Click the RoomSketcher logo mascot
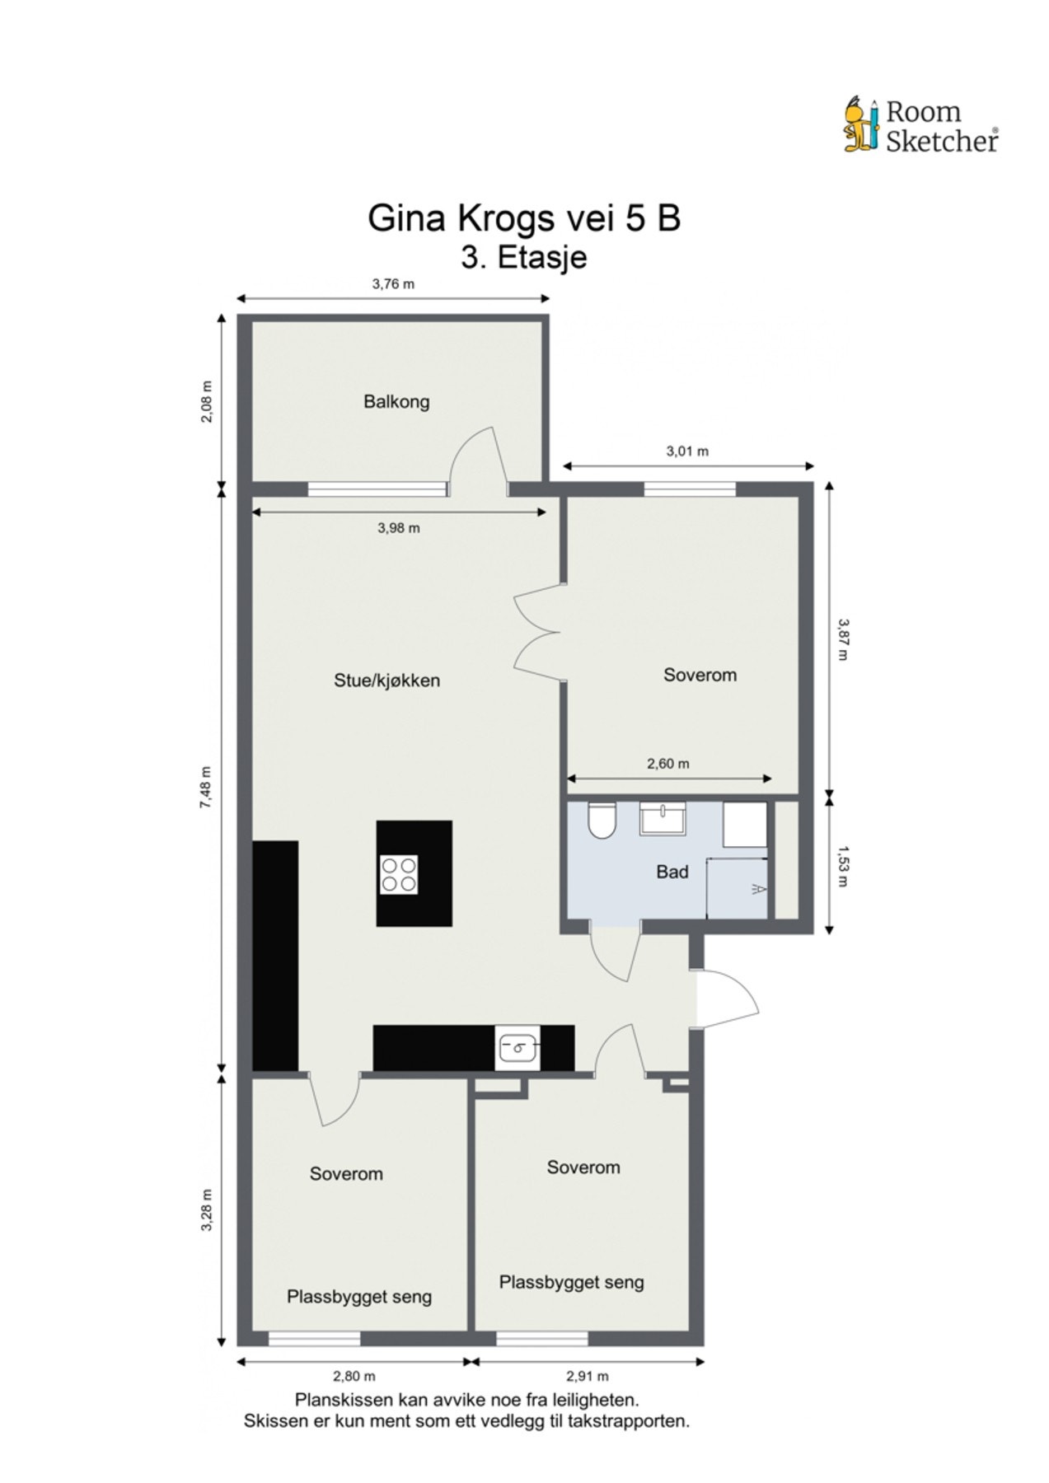tap(861, 125)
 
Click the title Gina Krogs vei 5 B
tap(523, 218)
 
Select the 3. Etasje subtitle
tap(523, 256)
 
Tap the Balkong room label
tap(396, 402)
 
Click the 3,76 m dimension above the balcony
tap(393, 284)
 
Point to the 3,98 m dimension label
tap(398, 528)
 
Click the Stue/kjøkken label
tap(386, 681)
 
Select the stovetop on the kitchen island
tap(399, 873)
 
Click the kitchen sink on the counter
tap(517, 1047)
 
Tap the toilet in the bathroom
tap(600, 820)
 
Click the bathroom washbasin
tap(663, 819)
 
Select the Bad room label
tap(672, 872)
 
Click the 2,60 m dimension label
tap(667, 764)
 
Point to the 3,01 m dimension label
tap(687, 451)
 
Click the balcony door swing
tap(478, 461)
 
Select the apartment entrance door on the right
tap(729, 999)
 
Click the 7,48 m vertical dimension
tap(206, 787)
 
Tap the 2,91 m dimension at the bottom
tap(588, 1376)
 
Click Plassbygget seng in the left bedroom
tap(359, 1297)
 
